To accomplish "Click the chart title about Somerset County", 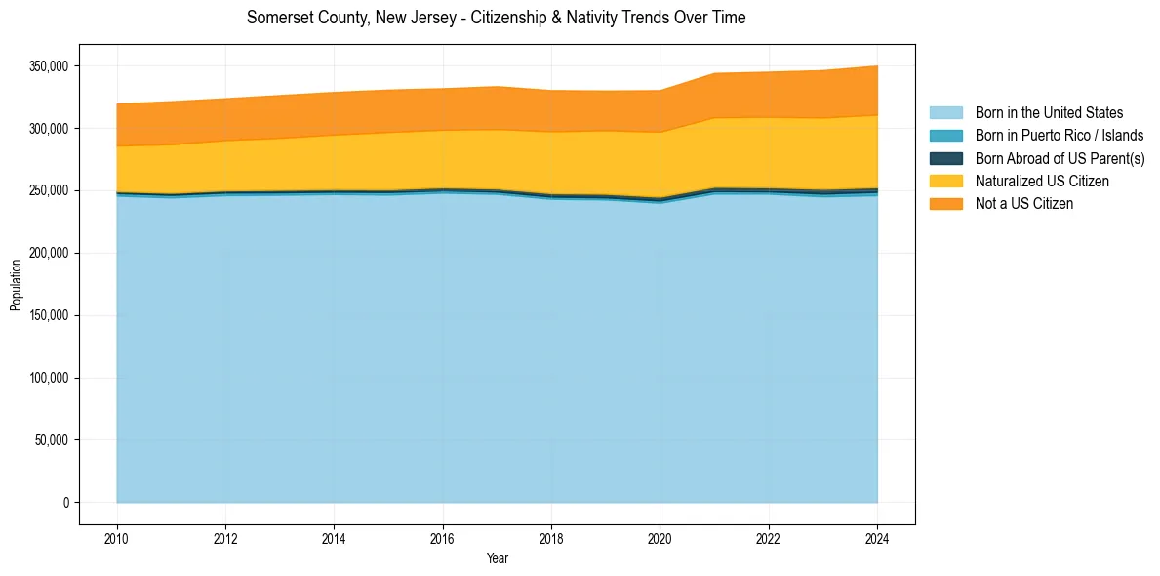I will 496,18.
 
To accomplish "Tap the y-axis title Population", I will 16,285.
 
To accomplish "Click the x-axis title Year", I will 497,558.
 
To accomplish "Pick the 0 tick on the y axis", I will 66,503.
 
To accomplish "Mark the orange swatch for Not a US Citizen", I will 945,204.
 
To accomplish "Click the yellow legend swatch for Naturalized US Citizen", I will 945,182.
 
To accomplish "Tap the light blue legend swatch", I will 945,113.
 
